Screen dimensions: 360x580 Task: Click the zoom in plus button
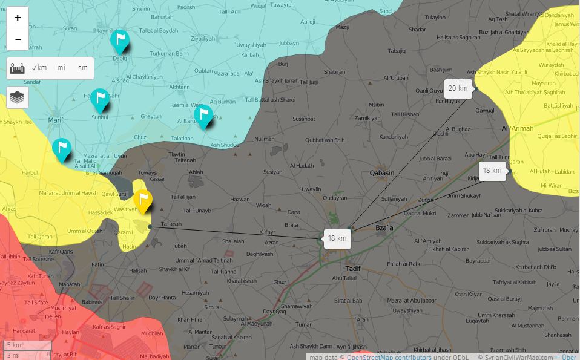tap(18, 18)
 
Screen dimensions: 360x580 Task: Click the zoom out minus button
tap(18, 39)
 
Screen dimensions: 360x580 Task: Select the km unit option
tap(39, 68)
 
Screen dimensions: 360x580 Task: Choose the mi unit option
tap(61, 68)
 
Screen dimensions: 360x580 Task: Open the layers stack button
tap(18, 97)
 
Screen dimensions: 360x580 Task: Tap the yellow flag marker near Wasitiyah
tap(143, 200)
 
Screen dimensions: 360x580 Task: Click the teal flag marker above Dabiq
tap(120, 41)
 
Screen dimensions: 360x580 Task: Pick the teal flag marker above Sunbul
tap(100, 100)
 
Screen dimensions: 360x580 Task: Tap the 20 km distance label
tap(458, 88)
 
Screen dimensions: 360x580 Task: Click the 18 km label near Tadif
tap(337, 238)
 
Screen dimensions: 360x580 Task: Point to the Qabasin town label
tap(381, 173)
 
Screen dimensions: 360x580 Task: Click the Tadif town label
tap(352, 268)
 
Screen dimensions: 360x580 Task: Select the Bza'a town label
tap(384, 227)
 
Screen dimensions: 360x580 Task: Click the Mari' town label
tap(56, 120)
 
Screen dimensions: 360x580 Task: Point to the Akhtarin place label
tap(179, 87)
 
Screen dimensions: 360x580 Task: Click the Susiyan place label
tap(272, 172)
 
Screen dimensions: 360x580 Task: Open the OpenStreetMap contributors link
tap(389, 357)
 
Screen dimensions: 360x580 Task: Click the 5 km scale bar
tap(27, 345)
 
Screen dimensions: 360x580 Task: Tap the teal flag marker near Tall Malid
tap(61, 149)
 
